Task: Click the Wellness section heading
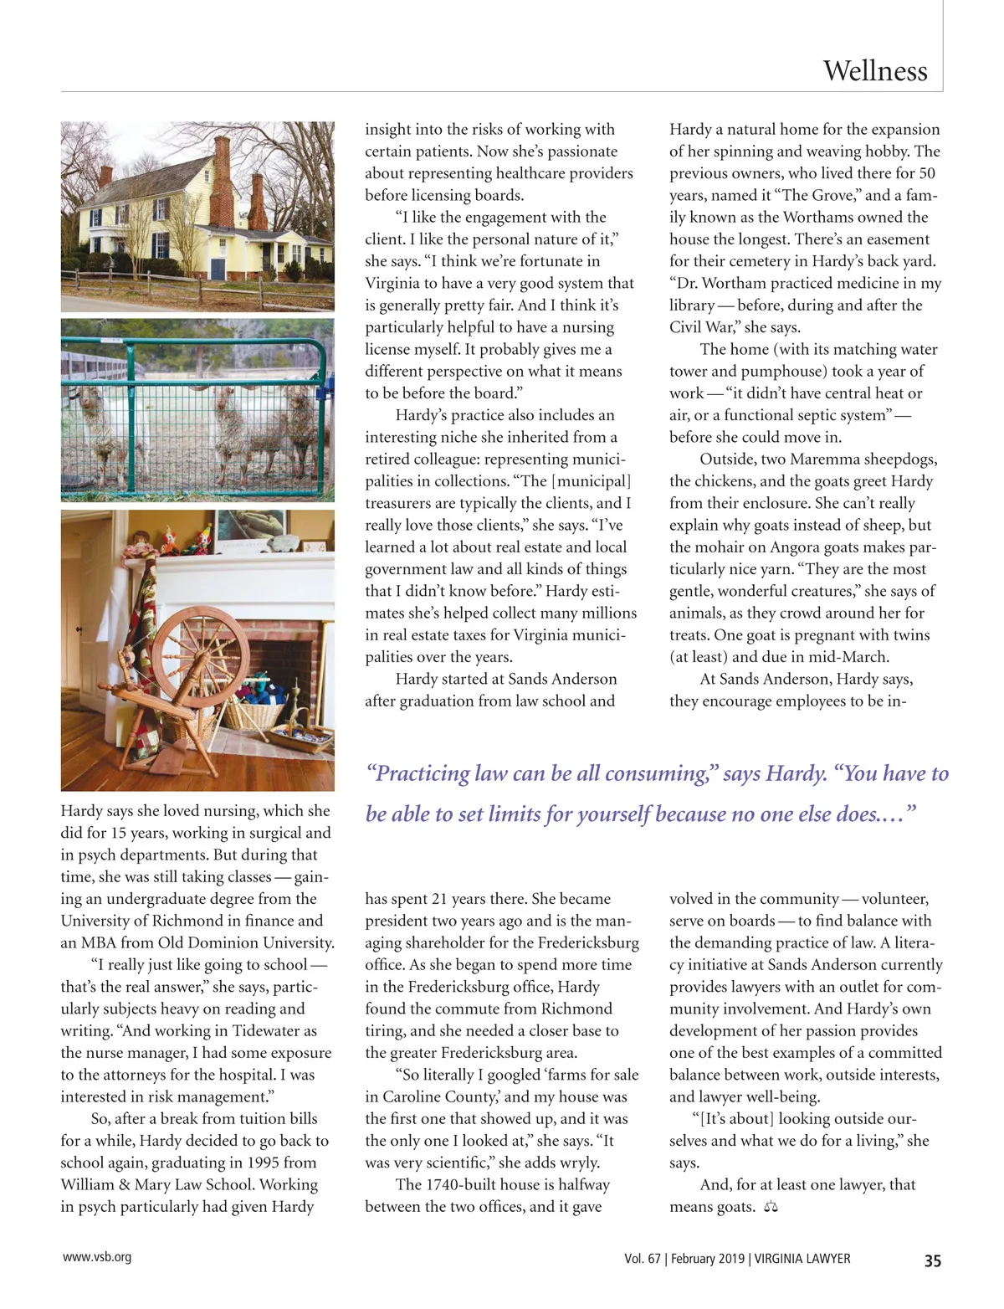(x=874, y=70)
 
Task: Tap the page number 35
(x=932, y=1260)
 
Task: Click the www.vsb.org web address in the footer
(x=96, y=1257)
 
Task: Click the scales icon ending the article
(x=771, y=1207)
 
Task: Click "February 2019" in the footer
(x=704, y=1259)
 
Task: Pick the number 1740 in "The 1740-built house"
(x=447, y=1184)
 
